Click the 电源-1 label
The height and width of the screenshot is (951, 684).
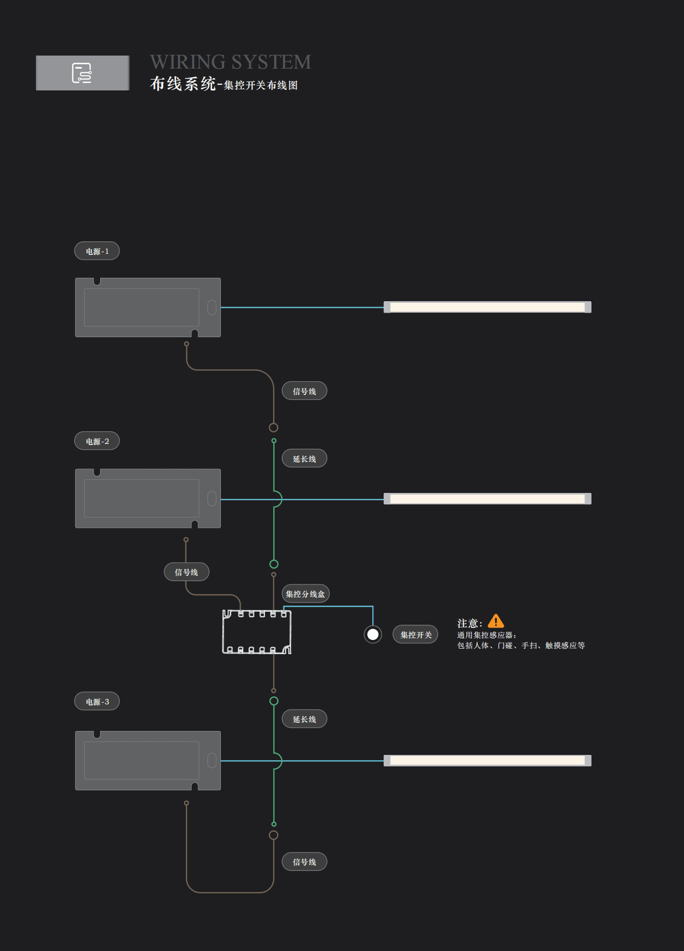tap(97, 251)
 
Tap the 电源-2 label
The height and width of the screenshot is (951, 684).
tap(97, 441)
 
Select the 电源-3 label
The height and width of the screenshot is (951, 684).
tap(97, 702)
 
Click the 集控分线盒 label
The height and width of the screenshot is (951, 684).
tap(305, 594)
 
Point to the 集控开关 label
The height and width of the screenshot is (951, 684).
tap(416, 635)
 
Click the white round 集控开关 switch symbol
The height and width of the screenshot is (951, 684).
tap(373, 635)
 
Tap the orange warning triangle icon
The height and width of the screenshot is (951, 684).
tap(496, 621)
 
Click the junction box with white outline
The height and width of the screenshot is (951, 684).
tap(257, 632)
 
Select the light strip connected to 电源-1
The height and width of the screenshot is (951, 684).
tap(487, 307)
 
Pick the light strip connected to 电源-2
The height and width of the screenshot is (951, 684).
tap(487, 499)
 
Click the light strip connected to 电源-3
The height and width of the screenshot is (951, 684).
tap(487, 760)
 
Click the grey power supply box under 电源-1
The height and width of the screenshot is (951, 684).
tap(147, 307)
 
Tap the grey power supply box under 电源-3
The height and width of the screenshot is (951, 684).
tap(147, 760)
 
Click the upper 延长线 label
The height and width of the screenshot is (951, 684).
tap(304, 459)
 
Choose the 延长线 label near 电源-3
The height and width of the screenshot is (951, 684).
tap(304, 719)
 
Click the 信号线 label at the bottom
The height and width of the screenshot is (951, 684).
tap(304, 862)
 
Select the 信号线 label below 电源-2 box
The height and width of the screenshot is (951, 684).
tap(186, 572)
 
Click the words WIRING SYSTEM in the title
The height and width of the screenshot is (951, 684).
tap(231, 62)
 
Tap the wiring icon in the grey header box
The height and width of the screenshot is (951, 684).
tap(82, 73)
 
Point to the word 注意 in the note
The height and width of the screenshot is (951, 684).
tap(468, 623)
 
